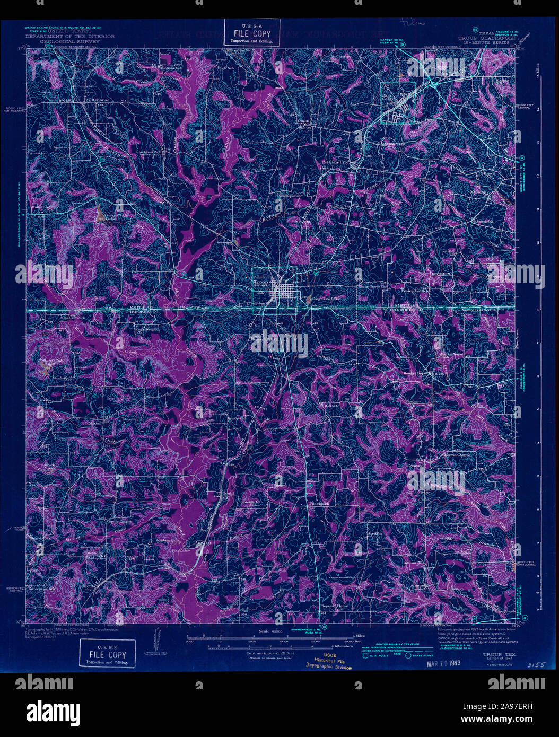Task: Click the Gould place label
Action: (229, 493)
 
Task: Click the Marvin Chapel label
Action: (457, 454)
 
